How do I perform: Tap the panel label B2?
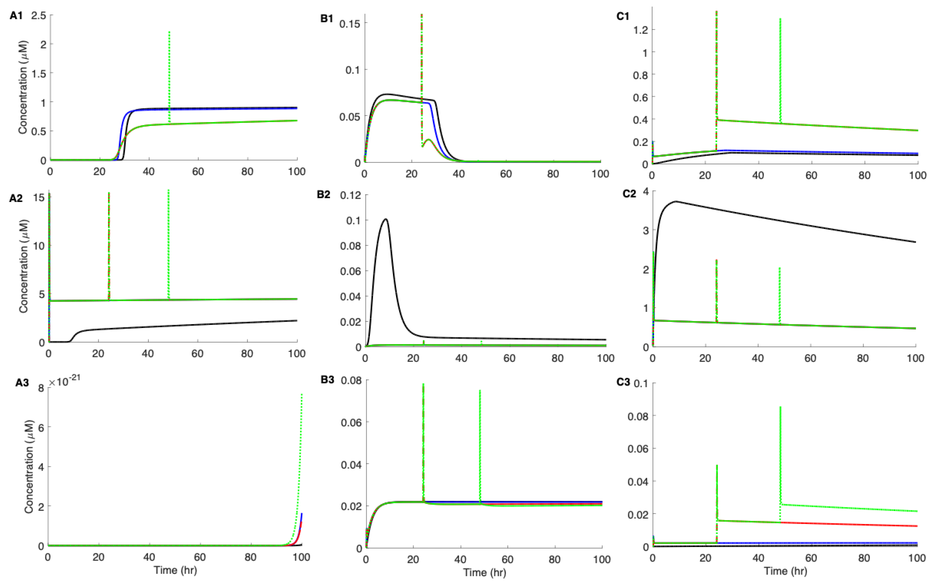(x=323, y=194)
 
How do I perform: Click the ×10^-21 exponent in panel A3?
(x=64, y=382)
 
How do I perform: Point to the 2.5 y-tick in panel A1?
(x=38, y=16)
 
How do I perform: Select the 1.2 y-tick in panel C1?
(x=640, y=30)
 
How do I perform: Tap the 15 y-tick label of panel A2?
(x=39, y=198)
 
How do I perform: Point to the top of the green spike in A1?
(x=169, y=32)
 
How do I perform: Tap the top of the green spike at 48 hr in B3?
(x=480, y=391)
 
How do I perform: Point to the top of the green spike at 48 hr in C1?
(x=780, y=19)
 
